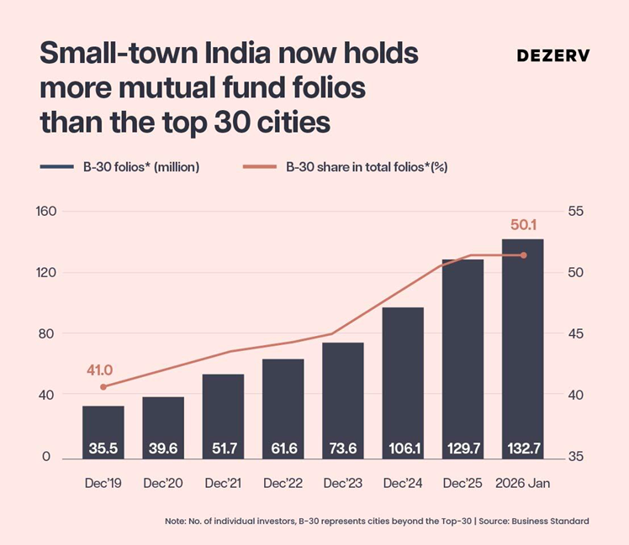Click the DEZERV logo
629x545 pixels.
552,55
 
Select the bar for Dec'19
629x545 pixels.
103,432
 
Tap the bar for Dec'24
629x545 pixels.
403,382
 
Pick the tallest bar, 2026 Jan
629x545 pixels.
522,348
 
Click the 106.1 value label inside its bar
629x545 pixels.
403,449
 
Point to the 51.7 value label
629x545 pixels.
223,449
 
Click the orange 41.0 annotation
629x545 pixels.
99,369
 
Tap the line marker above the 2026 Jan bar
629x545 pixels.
523,255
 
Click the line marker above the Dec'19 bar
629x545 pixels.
103,387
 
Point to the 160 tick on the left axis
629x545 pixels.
45,211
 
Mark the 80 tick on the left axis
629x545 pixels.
48,333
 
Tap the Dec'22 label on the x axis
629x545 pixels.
283,484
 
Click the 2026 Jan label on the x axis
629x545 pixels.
522,484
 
